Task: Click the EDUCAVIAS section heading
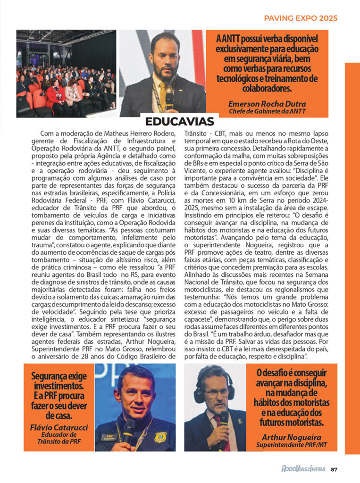pyautogui.click(x=179, y=121)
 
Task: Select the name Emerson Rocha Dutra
pyautogui.click(x=267, y=104)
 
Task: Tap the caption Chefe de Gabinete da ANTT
pyautogui.click(x=267, y=111)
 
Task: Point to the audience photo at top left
pyautogui.click(x=66, y=73)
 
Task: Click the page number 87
pyautogui.click(x=334, y=469)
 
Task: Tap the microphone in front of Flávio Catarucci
pyautogui.click(x=128, y=427)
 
